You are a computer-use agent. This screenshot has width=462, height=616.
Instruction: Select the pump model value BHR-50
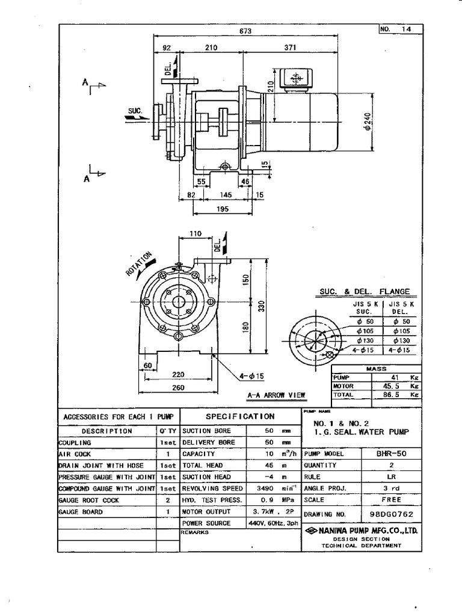point(392,454)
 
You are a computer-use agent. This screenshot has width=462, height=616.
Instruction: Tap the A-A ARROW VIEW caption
point(276,395)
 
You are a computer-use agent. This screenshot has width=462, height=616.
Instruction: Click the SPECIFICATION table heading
point(240,416)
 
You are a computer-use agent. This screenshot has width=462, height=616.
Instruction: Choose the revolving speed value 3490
point(265,488)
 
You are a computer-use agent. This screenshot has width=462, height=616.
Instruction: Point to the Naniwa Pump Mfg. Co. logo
point(310,531)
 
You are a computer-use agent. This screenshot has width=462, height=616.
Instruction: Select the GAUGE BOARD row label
point(81,512)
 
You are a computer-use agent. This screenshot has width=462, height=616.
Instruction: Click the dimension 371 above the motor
point(291,47)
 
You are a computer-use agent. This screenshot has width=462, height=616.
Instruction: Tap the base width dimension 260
point(177,387)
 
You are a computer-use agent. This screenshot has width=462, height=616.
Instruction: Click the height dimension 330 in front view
point(261,307)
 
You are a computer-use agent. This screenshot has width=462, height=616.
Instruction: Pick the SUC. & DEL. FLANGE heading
point(365,292)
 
